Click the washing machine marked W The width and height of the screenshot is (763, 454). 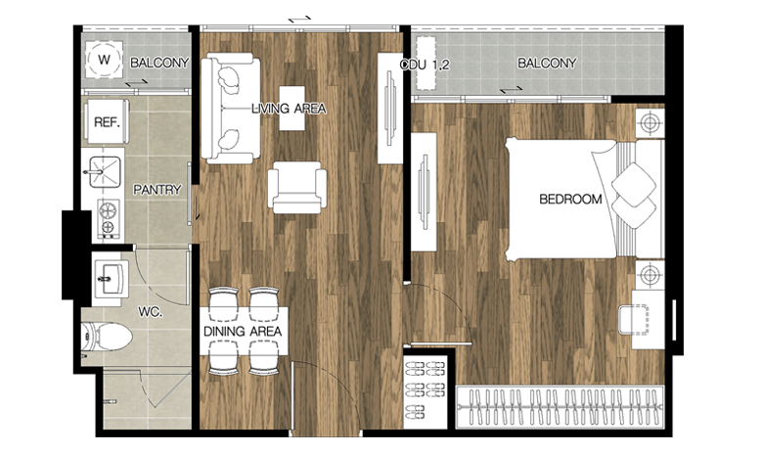(104, 60)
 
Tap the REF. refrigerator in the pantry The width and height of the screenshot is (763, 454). (107, 121)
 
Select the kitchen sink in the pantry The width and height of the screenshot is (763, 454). (105, 172)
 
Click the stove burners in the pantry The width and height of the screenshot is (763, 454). (109, 218)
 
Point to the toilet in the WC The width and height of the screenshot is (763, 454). (107, 337)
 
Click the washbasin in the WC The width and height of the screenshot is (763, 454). (111, 278)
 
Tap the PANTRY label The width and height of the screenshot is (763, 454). (157, 189)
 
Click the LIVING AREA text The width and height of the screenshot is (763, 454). (289, 109)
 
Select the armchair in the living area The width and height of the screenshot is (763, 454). (296, 187)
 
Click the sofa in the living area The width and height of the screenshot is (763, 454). (230, 108)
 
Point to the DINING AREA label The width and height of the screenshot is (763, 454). (243, 332)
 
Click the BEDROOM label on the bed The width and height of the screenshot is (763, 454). (570, 199)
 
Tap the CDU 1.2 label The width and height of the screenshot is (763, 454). (425, 65)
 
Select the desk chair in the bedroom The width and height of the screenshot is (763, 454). (634, 320)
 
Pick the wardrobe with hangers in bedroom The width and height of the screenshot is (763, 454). (560, 407)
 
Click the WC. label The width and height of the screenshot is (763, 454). (150, 312)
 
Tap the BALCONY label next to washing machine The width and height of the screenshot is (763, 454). (159, 63)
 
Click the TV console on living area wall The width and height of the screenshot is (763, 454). (390, 108)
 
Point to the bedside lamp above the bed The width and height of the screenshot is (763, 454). (651, 122)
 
